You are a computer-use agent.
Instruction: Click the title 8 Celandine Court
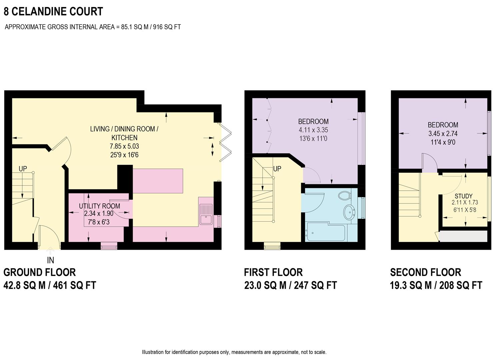point(53,12)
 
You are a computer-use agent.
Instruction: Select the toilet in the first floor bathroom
point(343,195)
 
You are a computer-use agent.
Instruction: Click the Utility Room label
point(99,206)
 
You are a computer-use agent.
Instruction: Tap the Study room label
point(464,196)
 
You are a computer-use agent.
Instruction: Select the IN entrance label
point(50,260)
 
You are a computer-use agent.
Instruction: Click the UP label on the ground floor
point(23,169)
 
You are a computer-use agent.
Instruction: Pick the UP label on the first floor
point(277,169)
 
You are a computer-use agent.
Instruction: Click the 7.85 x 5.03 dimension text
point(124,146)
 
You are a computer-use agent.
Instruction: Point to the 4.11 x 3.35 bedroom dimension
point(313,130)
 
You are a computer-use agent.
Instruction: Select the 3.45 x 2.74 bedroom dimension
point(443,133)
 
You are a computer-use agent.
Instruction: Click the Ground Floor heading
point(40,272)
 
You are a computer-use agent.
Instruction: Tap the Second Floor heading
point(425,272)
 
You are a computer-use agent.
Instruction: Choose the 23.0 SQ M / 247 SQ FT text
point(290,286)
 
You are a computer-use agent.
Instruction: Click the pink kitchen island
point(158,180)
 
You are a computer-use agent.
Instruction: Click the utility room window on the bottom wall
point(109,246)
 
